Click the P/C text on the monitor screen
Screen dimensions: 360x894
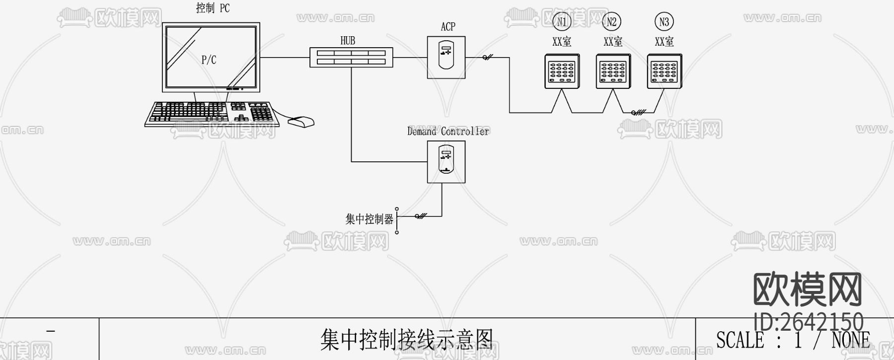[x=209, y=60]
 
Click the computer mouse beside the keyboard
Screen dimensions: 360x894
[x=301, y=122]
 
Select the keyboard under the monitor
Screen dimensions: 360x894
[x=211, y=113]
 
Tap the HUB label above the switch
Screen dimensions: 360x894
[x=348, y=41]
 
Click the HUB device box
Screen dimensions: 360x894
[x=351, y=57]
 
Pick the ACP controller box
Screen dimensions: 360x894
[x=446, y=57]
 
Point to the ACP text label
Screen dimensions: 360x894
[x=447, y=27]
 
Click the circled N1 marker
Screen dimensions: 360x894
[x=562, y=22]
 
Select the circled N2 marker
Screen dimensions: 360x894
[x=612, y=22]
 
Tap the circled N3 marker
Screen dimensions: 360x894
[x=664, y=22]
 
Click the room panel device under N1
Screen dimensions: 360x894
[x=562, y=72]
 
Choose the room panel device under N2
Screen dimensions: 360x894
[x=613, y=72]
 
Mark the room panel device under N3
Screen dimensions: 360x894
[x=665, y=72]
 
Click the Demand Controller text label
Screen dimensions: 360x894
[x=448, y=132]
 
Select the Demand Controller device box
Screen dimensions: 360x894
[x=446, y=161]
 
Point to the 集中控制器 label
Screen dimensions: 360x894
[x=369, y=219]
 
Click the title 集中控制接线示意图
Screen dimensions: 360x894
[x=406, y=340]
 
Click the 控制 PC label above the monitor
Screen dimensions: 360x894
[x=213, y=8]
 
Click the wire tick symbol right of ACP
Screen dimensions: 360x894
[x=487, y=58]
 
